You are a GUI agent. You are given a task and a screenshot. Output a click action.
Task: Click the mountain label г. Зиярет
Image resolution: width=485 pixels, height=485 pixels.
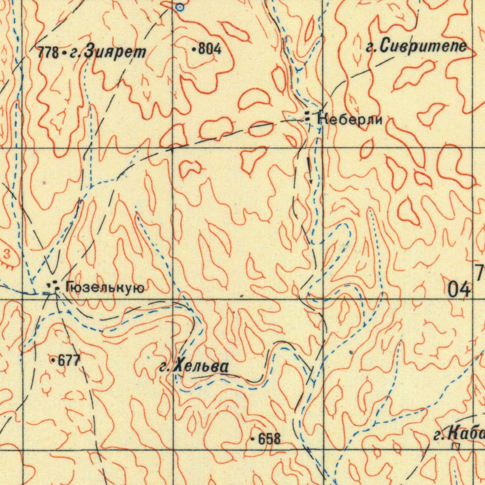pos(108,53)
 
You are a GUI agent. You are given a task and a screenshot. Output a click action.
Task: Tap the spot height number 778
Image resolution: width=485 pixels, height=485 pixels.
pos(47,53)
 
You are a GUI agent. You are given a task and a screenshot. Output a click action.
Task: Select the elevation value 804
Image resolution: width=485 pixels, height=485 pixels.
pos(210,49)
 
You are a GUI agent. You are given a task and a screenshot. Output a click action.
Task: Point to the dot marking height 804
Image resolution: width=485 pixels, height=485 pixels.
pos(195,49)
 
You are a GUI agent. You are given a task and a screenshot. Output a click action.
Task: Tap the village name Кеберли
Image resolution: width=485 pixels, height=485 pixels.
pos(350,119)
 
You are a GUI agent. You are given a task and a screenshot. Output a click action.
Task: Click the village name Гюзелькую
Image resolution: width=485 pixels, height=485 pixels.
pos(105,287)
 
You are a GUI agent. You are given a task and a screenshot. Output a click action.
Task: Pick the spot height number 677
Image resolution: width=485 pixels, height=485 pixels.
pos(69,361)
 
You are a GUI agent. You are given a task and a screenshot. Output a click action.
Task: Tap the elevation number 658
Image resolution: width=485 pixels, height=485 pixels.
pos(269,439)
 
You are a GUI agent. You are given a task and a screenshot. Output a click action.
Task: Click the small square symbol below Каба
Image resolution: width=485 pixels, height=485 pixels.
pos(456,446)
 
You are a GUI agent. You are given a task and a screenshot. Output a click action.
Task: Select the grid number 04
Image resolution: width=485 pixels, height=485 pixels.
pos(459,288)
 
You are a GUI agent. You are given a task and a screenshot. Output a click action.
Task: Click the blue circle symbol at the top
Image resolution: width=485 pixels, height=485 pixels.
pos(180,7)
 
